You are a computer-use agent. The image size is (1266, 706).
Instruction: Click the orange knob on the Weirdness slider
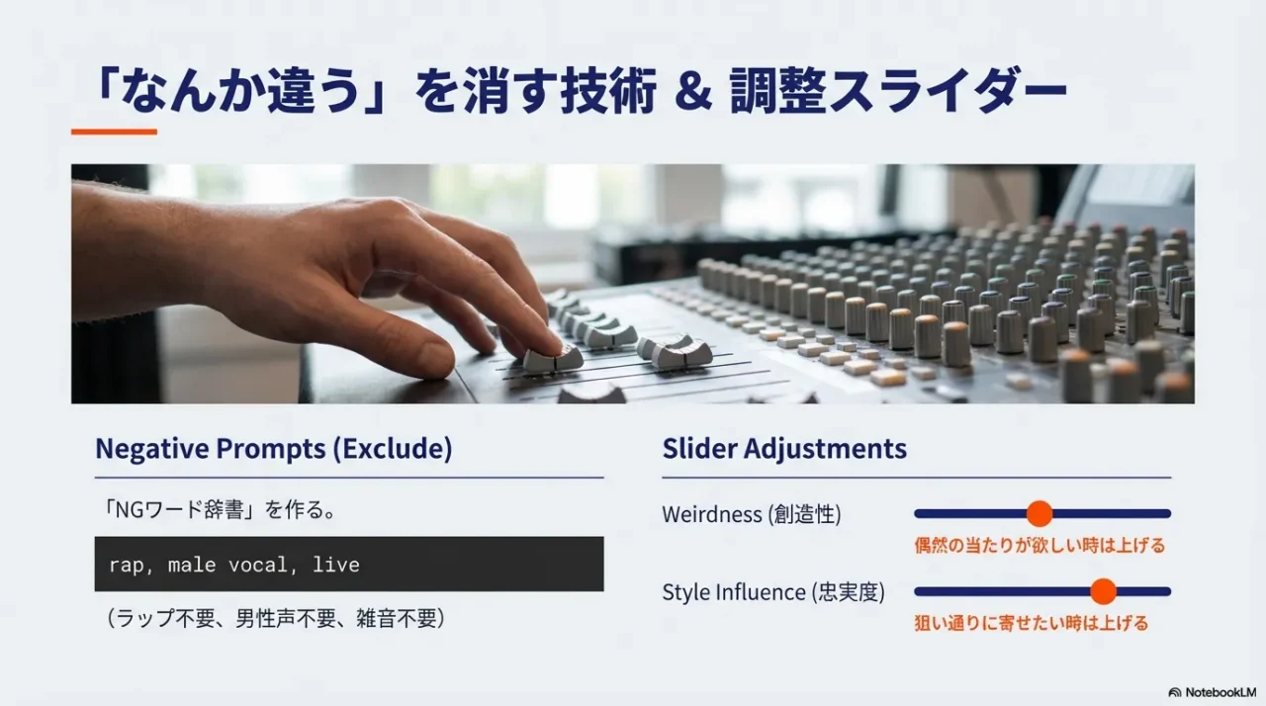pyautogui.click(x=1039, y=513)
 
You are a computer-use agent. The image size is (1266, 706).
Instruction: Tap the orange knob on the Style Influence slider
pyautogui.click(x=1103, y=591)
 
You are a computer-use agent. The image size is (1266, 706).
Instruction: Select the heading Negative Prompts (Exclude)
pyautogui.click(x=273, y=449)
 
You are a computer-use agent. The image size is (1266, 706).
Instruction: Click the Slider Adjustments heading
pyautogui.click(x=783, y=449)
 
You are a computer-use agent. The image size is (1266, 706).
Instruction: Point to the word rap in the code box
pyautogui.click(x=126, y=565)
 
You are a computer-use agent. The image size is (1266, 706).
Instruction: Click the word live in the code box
pyautogui.click(x=336, y=565)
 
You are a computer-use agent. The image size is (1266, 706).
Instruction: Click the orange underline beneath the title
pyautogui.click(x=114, y=132)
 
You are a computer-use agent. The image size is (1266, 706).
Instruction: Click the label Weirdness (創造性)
pyautogui.click(x=751, y=514)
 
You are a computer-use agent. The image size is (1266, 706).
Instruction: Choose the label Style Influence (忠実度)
pyautogui.click(x=772, y=592)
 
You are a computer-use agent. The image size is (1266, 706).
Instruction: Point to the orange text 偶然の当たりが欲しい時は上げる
pyautogui.click(x=1039, y=545)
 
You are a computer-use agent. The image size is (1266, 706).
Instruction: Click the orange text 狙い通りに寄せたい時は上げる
pyautogui.click(x=1031, y=623)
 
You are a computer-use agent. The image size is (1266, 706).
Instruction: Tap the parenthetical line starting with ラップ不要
pyautogui.click(x=276, y=619)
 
